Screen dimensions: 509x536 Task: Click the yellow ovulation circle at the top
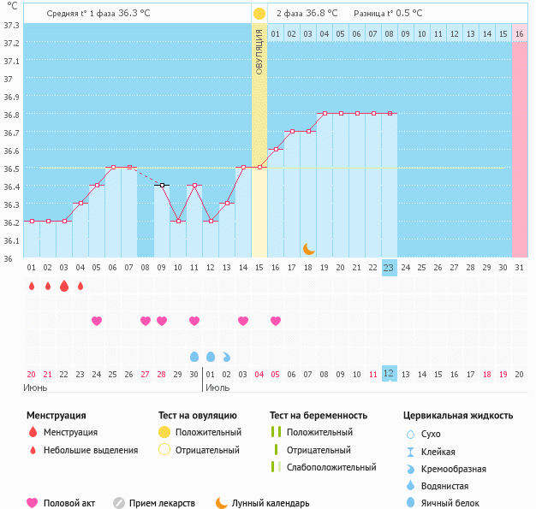pyautogui.click(x=259, y=14)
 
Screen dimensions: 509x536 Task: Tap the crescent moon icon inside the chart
pyautogui.click(x=308, y=249)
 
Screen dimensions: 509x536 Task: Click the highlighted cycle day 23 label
pyautogui.click(x=389, y=267)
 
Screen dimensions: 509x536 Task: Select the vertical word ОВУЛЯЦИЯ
pyautogui.click(x=259, y=52)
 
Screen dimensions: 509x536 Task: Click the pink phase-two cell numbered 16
pyautogui.click(x=519, y=33)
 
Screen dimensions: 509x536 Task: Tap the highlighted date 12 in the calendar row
pyautogui.click(x=389, y=374)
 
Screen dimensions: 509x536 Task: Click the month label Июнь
pyautogui.click(x=35, y=388)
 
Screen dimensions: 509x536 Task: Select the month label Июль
pyautogui.click(x=217, y=388)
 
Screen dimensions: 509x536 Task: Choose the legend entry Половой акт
pyautogui.click(x=68, y=504)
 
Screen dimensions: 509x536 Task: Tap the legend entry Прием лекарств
pyautogui.click(x=162, y=504)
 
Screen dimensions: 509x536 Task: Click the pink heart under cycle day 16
pyautogui.click(x=276, y=321)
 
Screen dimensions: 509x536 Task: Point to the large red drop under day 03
pyautogui.click(x=63, y=287)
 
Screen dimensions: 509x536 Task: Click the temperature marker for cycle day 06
pyautogui.click(x=112, y=168)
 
